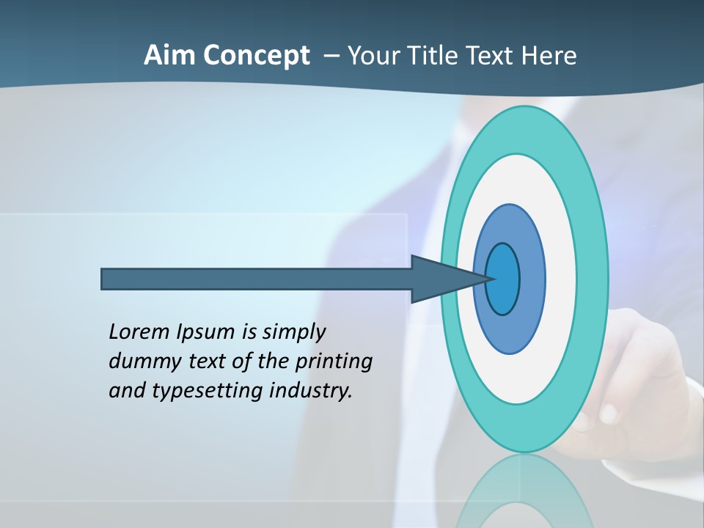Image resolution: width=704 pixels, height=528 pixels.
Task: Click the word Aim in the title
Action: [x=169, y=56]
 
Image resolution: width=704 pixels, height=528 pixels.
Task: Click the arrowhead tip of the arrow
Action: [x=493, y=279]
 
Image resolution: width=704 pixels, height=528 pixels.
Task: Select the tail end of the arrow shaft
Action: [x=104, y=279]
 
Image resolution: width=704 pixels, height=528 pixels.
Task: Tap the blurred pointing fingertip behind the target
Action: [x=607, y=412]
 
